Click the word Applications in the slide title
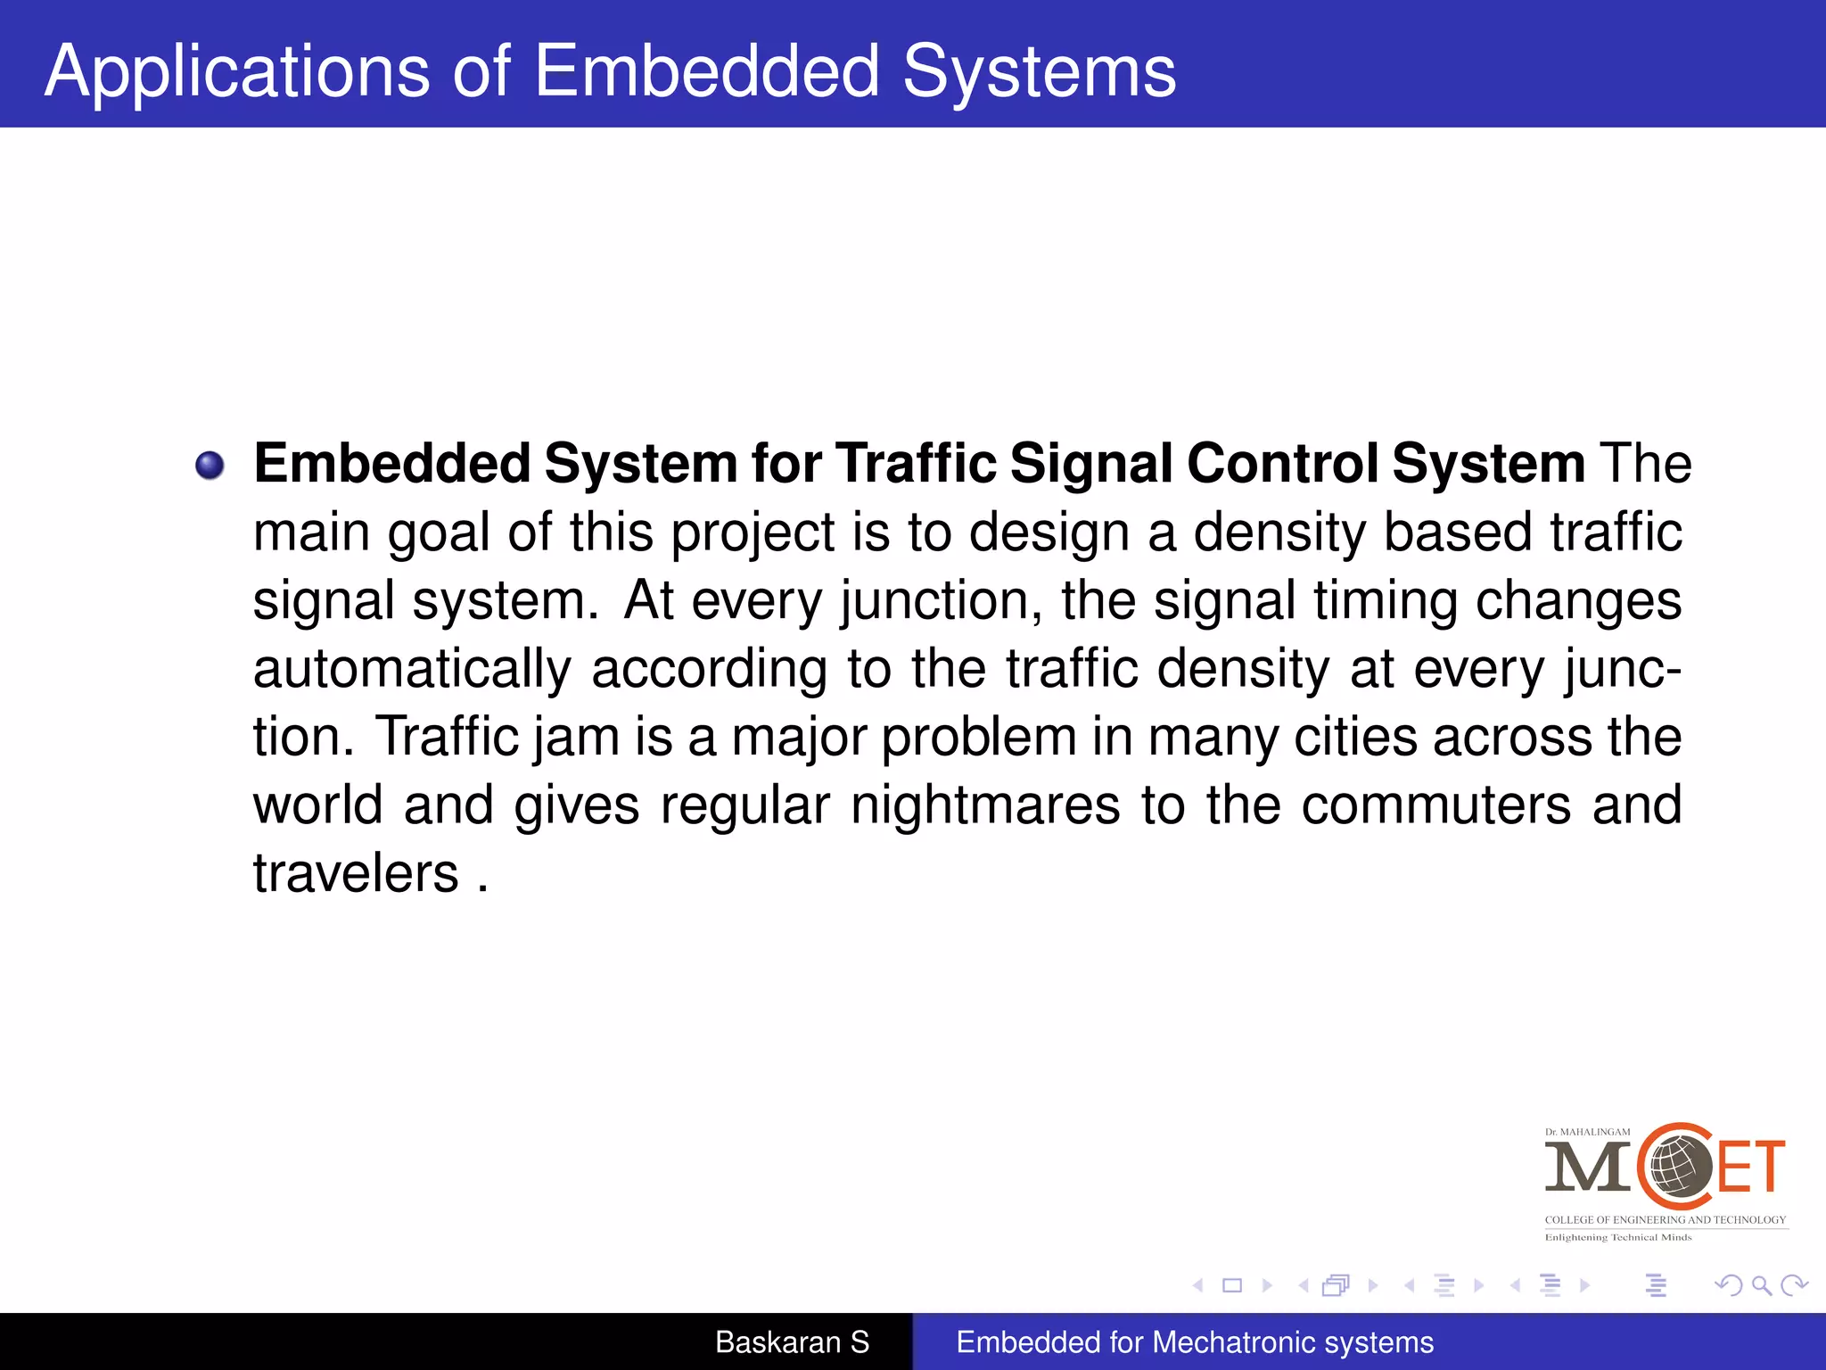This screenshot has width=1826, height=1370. coord(237,71)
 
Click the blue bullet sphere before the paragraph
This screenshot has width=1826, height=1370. coord(210,465)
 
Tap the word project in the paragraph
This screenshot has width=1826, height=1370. coord(753,532)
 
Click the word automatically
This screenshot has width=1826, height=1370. coord(412,669)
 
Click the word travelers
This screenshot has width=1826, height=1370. coord(355,873)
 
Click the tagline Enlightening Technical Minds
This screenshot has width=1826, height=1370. coord(1617,1237)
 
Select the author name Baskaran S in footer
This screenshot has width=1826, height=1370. coord(792,1341)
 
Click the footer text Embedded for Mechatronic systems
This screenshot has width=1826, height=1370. coord(1195,1341)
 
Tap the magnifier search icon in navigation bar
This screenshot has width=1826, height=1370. coord(1761,1285)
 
